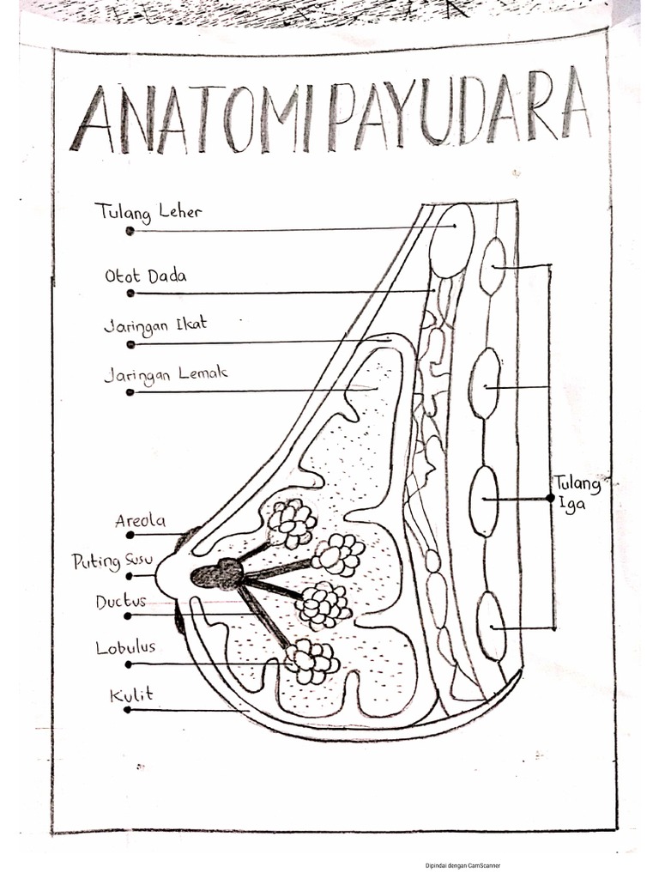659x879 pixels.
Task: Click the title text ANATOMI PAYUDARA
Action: [x=330, y=118]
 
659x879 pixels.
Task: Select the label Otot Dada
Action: [x=146, y=276]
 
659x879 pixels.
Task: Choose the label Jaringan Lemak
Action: [x=166, y=375]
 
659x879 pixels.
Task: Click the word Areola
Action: [x=141, y=520]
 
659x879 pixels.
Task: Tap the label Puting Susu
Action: [x=112, y=561]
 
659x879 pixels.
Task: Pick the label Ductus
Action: [x=121, y=602]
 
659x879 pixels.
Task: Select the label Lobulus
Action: [x=125, y=648]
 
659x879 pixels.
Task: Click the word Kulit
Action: [x=131, y=694]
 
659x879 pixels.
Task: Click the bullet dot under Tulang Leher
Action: [x=130, y=231]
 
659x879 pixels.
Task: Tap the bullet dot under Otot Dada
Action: [x=130, y=293]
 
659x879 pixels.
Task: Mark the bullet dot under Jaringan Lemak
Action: [x=130, y=392]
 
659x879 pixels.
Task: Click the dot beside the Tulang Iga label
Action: [x=550, y=497]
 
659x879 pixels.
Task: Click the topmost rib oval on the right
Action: [x=493, y=266]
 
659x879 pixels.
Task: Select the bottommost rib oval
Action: [x=491, y=626]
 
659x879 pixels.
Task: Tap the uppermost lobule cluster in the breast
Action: [x=292, y=522]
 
